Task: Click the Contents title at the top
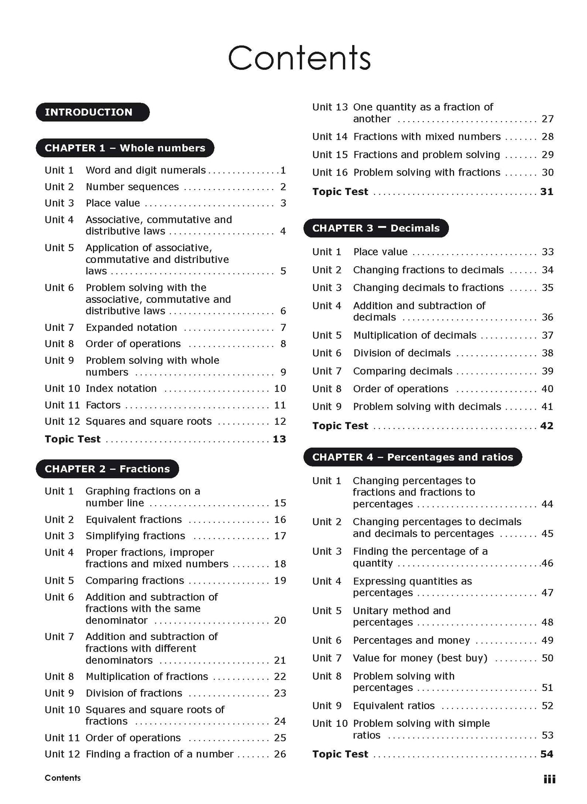pos(299,58)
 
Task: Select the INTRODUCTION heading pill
pos(93,112)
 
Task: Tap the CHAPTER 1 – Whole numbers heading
pos(125,148)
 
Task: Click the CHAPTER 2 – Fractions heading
pos(107,469)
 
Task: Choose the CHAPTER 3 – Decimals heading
pos(376,228)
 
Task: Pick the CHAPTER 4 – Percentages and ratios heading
pos(412,457)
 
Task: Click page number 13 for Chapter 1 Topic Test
pos(279,439)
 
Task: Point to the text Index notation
pos(121,389)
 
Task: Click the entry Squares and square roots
pos(148,421)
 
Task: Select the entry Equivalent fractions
pos(134,519)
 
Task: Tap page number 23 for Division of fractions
pos(280,693)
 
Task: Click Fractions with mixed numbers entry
pos(427,137)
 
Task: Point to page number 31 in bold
pos(547,191)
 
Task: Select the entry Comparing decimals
pos(402,371)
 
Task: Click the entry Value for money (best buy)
pos(420,658)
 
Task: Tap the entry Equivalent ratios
pos(394,706)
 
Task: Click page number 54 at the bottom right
pos(547,754)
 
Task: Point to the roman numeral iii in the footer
pos(549,779)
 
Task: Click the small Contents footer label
pos(63,778)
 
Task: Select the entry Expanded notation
pos(131,328)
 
